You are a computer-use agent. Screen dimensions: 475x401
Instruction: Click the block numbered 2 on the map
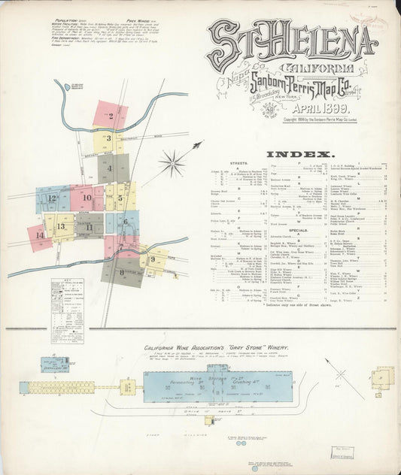(x=111, y=116)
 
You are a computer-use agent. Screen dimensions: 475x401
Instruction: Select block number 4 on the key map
(x=110, y=169)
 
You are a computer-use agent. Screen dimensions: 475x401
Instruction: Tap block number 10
(x=87, y=198)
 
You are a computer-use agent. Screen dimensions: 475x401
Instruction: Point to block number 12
(x=51, y=198)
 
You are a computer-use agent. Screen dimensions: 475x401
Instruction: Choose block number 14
(x=39, y=235)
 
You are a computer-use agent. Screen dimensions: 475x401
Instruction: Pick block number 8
(x=121, y=271)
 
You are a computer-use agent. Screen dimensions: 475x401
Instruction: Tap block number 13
(x=61, y=225)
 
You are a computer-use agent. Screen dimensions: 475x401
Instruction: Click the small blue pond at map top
(x=77, y=86)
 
